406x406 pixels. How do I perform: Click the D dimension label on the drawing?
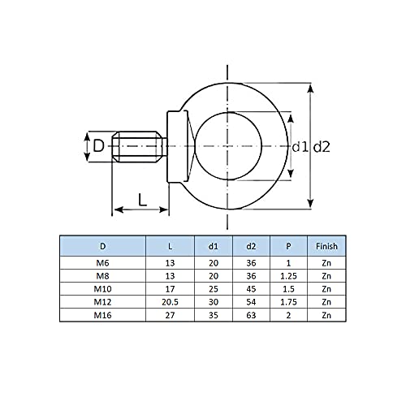[x=98, y=147]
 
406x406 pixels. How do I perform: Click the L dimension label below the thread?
[x=143, y=198]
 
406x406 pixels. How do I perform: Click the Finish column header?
[x=326, y=246]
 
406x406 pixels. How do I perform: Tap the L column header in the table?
[x=170, y=246]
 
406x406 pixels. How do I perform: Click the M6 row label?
[x=101, y=263]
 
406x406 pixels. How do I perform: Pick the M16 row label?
[x=101, y=314]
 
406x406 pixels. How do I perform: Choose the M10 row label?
[x=101, y=288]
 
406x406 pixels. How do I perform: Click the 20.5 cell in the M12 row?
[x=170, y=301]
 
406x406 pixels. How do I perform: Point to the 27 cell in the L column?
[x=170, y=314]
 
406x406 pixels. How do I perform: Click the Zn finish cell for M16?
[x=326, y=314]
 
